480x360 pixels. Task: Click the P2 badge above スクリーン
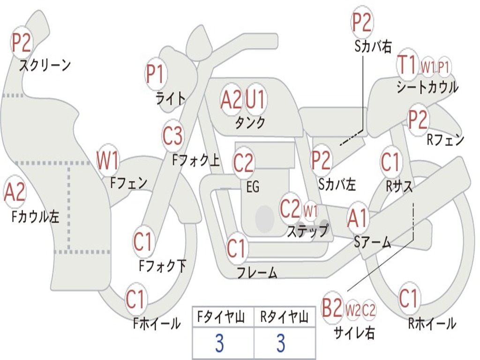pyautogui.click(x=21, y=43)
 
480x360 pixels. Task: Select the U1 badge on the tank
pyautogui.click(x=255, y=99)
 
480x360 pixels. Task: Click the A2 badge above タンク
pyautogui.click(x=231, y=99)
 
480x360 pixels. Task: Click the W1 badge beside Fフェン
pyautogui.click(x=107, y=160)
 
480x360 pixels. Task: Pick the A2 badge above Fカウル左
pyautogui.click(x=15, y=192)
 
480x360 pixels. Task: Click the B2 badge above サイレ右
pyautogui.click(x=332, y=308)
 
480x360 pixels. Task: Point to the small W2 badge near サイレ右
pyautogui.click(x=352, y=310)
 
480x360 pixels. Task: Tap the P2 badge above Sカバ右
pyautogui.click(x=362, y=22)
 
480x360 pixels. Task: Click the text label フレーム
pyautogui.click(x=257, y=272)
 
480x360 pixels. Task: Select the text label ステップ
pyautogui.click(x=307, y=231)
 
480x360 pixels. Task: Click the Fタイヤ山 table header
pyautogui.click(x=222, y=318)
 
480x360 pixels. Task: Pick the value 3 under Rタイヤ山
pyautogui.click(x=281, y=344)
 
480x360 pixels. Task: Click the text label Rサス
pyautogui.click(x=399, y=186)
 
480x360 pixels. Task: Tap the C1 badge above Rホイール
pyautogui.click(x=408, y=299)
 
